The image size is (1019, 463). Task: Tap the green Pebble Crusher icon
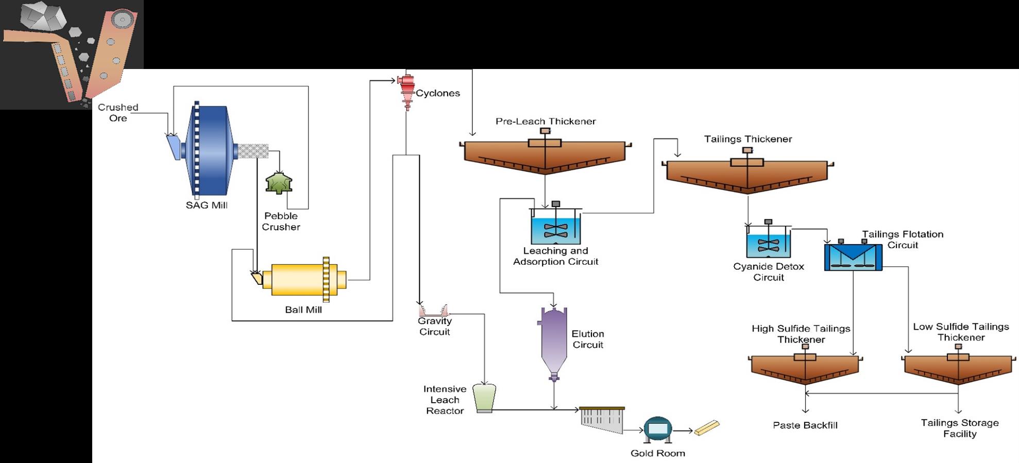point(278,183)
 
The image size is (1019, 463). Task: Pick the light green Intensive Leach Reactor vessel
point(484,398)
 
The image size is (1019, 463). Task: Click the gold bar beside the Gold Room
point(706,428)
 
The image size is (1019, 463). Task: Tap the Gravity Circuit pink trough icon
point(434,311)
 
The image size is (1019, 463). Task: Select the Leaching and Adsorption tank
point(556,230)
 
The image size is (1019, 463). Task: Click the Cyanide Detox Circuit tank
point(768,245)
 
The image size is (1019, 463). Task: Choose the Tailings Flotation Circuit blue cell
point(853,257)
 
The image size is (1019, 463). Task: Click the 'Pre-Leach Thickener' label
point(546,122)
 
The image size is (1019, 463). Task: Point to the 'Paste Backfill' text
point(805,425)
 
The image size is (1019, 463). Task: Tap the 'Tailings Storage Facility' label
point(960,428)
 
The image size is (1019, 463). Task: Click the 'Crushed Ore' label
point(118,112)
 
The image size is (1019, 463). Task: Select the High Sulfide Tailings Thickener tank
point(805,369)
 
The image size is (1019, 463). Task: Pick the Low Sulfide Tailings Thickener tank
point(958,369)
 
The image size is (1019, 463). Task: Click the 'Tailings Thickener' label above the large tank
point(748,139)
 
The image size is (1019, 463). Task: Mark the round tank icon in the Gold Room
point(658,429)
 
